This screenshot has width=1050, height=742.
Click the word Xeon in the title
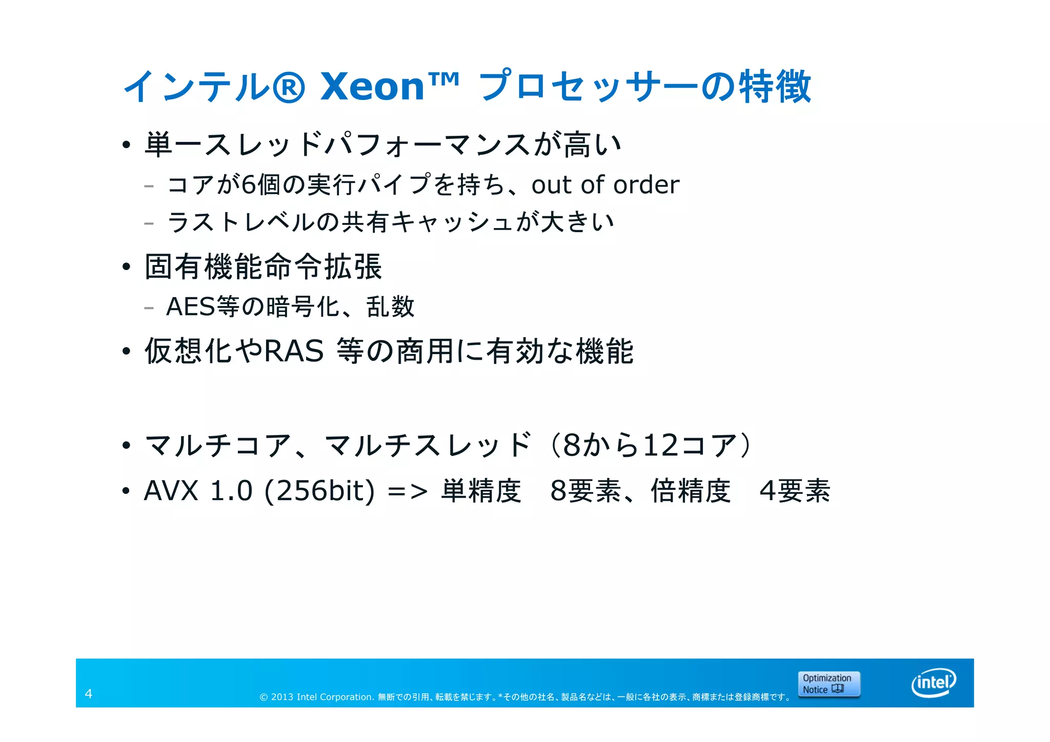coord(373,87)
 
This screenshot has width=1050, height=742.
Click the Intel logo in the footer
coord(934,683)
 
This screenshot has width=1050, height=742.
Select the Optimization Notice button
coord(829,684)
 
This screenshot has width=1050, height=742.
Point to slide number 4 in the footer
coord(89,694)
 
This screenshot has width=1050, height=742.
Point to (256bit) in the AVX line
coord(319,491)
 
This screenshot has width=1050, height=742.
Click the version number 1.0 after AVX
coord(231,491)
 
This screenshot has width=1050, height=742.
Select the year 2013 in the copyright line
coord(282,697)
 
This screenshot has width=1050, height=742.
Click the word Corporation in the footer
coord(346,697)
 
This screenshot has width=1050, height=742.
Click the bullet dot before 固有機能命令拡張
coord(127,266)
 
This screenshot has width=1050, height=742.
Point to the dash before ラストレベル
coord(149,223)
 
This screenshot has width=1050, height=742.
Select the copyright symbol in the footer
coord(264,697)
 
